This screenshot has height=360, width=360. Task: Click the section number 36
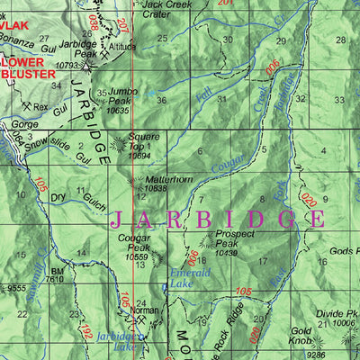(x=161, y=100)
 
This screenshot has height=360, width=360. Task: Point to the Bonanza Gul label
(x=25, y=42)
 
